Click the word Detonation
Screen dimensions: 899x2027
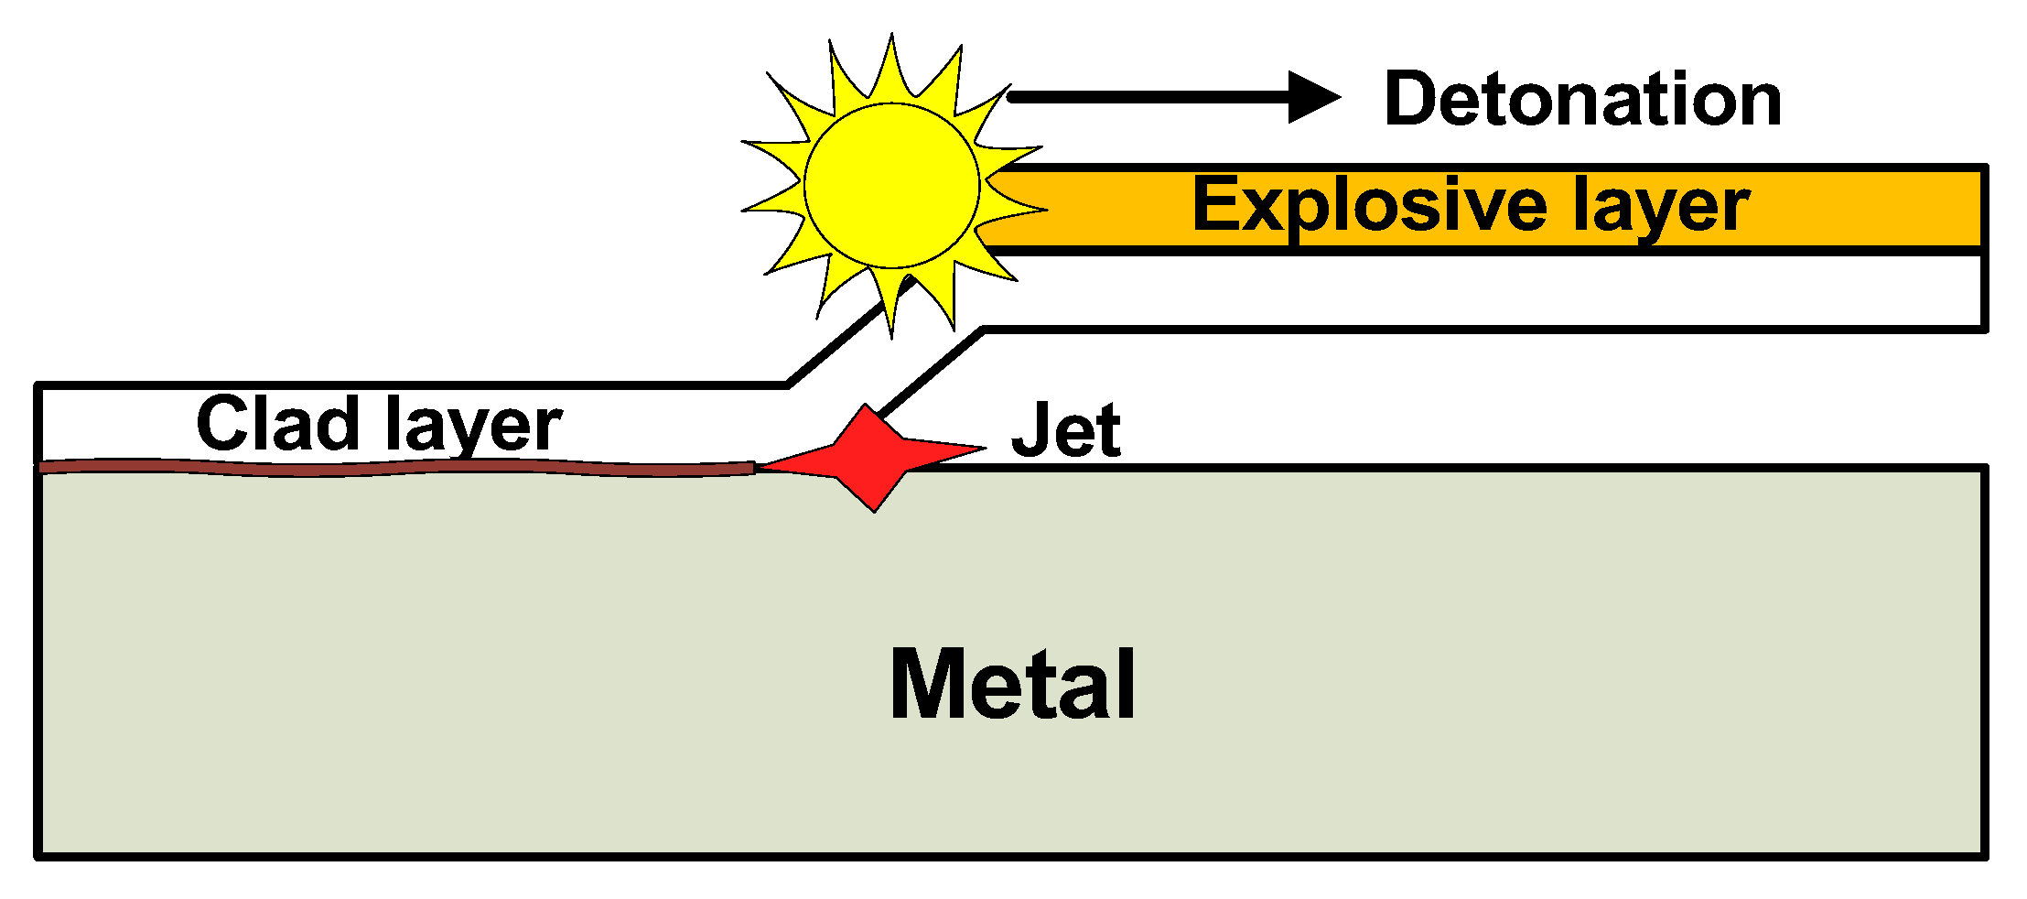(1582, 99)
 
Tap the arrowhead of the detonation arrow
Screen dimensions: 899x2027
(1314, 97)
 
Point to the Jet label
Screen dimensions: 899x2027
(1065, 430)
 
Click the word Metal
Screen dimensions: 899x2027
(1012, 685)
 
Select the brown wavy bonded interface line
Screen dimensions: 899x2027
(394, 469)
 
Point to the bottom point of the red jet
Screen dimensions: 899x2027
(874, 509)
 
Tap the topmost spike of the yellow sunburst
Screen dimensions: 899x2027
(891, 38)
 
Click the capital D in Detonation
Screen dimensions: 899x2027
(1413, 99)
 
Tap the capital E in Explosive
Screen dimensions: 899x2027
(1217, 205)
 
